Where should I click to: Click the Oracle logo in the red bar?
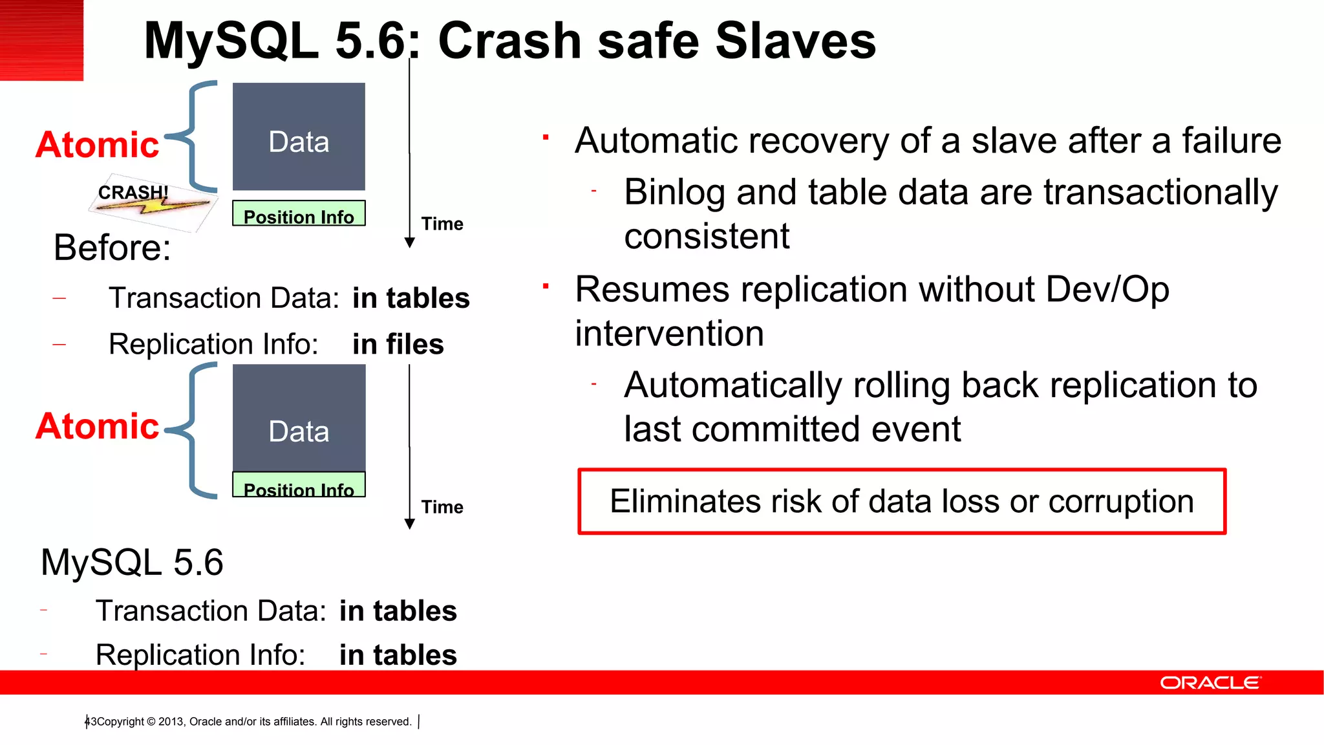click(1210, 683)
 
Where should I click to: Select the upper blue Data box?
click(299, 136)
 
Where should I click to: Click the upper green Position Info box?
click(299, 213)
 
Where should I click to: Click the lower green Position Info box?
click(299, 485)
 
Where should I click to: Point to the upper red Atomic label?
click(98, 144)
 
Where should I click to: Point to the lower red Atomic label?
click(98, 426)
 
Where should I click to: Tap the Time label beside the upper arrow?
click(442, 224)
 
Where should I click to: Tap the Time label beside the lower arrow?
click(442, 507)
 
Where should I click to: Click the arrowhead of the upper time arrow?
click(409, 243)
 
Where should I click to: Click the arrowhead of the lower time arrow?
click(409, 524)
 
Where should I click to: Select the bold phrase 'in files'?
click(398, 344)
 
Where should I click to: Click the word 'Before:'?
click(112, 248)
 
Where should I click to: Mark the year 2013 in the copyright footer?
click(171, 722)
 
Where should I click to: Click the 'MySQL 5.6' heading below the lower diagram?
click(132, 562)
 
